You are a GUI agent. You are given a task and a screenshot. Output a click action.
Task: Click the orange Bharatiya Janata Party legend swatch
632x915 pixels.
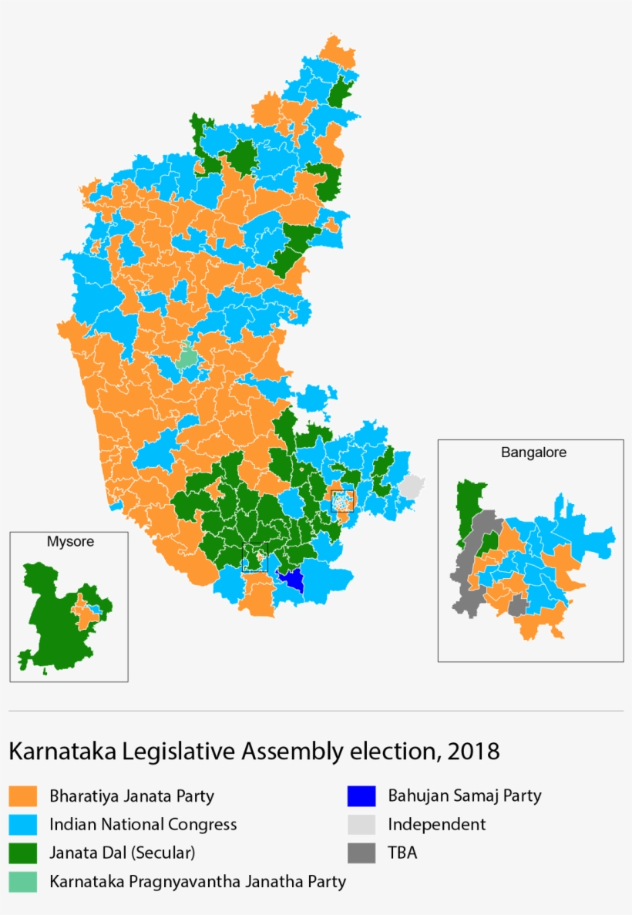tap(22, 796)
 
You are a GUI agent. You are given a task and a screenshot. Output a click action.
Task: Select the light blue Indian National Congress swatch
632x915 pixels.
tap(22, 824)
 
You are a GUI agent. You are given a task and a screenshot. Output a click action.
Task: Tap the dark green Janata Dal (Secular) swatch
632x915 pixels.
tap(22, 853)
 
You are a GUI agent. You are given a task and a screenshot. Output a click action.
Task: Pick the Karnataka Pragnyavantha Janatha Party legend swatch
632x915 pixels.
tap(22, 881)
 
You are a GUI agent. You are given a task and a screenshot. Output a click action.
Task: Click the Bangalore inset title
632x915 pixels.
tap(533, 452)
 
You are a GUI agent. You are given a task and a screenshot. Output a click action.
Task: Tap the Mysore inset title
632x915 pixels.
tap(70, 541)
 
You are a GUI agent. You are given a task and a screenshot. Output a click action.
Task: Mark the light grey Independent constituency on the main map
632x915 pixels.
tap(412, 486)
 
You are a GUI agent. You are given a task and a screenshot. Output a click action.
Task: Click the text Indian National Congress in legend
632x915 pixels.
tap(143, 824)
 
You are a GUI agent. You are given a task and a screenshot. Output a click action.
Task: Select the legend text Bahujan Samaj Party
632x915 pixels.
tap(464, 796)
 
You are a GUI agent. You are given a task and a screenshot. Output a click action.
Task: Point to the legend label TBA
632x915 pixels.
tap(402, 853)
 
